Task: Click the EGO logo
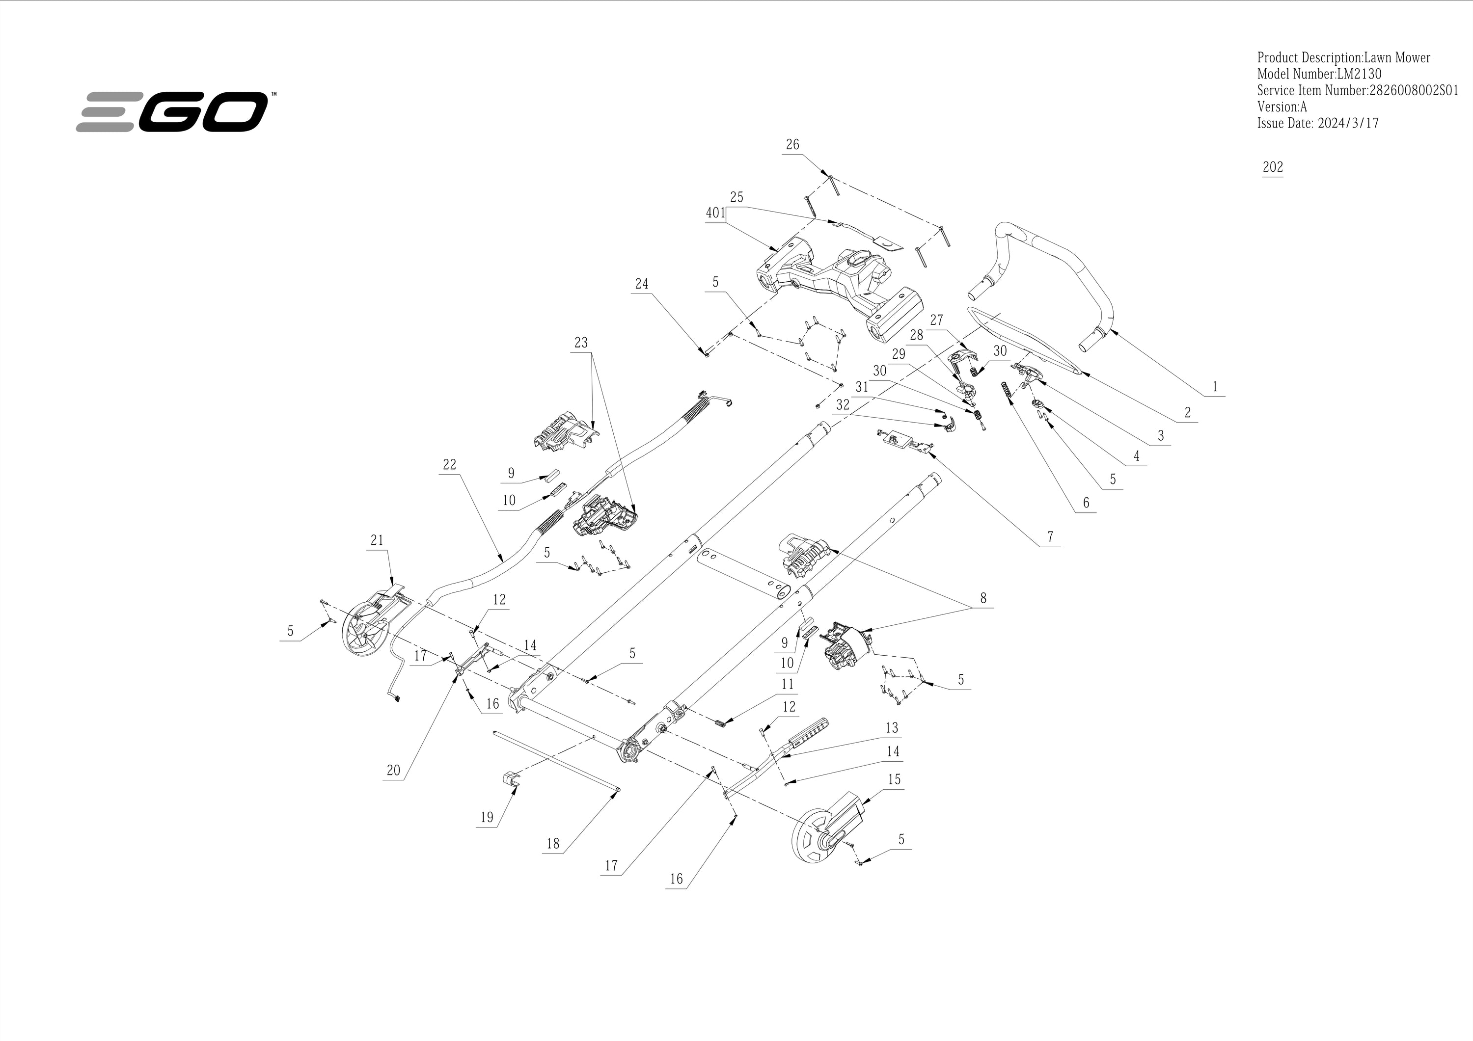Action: pos(172,111)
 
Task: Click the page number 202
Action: pos(1273,167)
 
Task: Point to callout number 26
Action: pos(792,144)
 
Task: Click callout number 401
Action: pos(715,213)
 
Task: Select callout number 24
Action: pos(642,284)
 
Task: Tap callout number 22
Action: pos(449,464)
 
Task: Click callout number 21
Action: pos(377,540)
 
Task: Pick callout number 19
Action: pos(487,817)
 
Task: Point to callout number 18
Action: pos(553,844)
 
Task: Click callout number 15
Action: pos(894,779)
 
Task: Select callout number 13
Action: pos(892,727)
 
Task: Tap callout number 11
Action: pos(787,684)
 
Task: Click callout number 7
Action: pos(1050,537)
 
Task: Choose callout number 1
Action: pos(1214,387)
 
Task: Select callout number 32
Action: pos(843,405)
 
